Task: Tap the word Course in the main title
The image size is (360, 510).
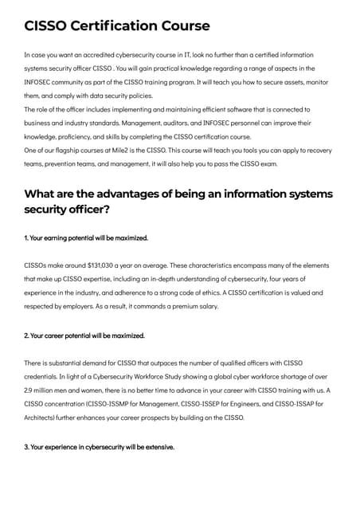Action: [185, 26]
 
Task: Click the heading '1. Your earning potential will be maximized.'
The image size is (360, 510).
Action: [86, 237]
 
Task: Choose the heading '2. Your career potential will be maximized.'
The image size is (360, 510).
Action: [84, 335]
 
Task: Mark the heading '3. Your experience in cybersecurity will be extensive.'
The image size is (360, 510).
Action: [100, 447]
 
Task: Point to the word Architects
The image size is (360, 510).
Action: [42, 418]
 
